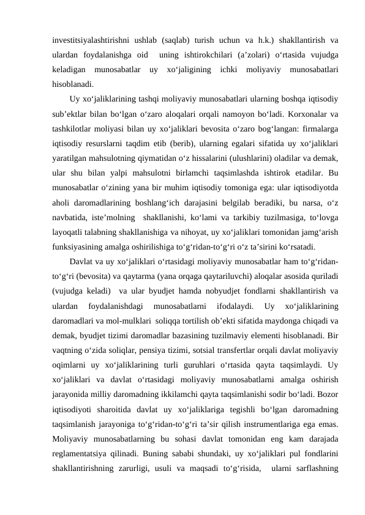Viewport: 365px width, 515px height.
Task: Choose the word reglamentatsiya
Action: (83, 452)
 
